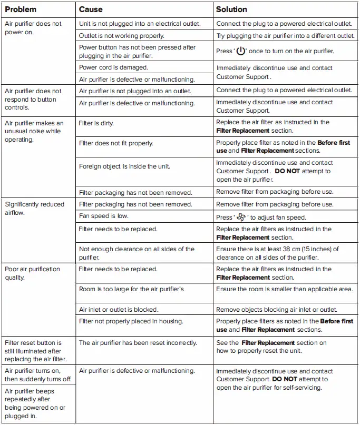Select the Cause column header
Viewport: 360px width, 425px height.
[91, 9]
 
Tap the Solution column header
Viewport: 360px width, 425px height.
[231, 9]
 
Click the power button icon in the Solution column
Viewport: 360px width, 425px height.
[241, 52]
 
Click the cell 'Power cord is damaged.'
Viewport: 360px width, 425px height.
[113, 67]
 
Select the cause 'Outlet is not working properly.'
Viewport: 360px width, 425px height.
[121, 36]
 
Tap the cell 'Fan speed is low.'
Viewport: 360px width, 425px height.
[104, 216]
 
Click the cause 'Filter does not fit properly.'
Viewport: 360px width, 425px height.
[116, 143]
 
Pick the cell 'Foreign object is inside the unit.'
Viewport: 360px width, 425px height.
[124, 166]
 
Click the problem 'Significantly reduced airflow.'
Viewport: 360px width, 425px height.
[34, 209]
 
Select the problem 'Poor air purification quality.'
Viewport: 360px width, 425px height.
[33, 273]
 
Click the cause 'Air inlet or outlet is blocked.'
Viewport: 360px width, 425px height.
[119, 310]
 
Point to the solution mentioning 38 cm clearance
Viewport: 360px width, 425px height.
[278, 253]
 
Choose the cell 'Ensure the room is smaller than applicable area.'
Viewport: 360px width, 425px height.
[285, 289]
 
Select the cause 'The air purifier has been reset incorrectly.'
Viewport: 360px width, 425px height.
[138, 343]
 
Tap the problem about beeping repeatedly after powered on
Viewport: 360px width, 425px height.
[35, 403]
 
